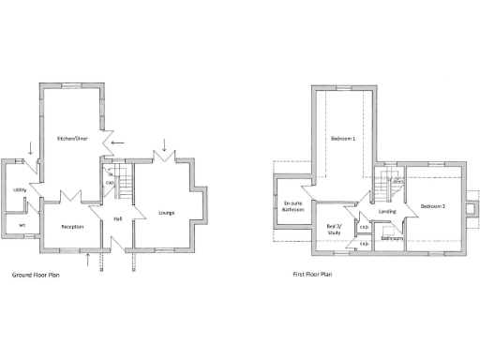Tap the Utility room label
pos(19,190)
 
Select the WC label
pos(21,225)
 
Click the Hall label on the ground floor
pos(118,218)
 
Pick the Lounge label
pos(167,213)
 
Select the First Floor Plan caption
pos(312,276)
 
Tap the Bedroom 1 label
pos(342,139)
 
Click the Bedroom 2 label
pos(432,205)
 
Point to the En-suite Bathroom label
pos(292,206)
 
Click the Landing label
pos(387,212)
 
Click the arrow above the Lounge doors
pos(165,144)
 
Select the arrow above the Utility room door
pos(31,148)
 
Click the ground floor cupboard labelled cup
pos(110,182)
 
